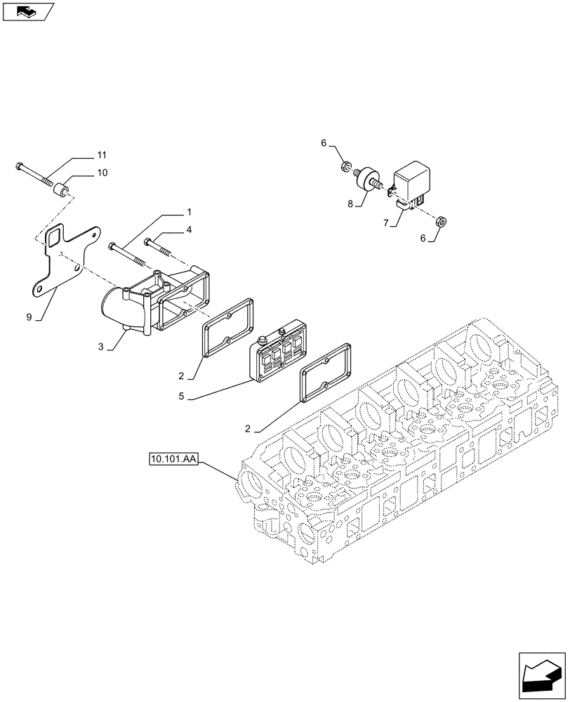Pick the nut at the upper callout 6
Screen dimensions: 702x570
tap(346, 166)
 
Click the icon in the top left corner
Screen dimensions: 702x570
tap(27, 11)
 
